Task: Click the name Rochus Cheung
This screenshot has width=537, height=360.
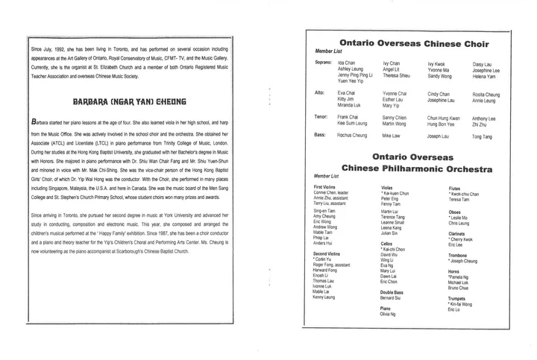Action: point(352,136)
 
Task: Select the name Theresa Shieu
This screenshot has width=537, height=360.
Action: point(396,76)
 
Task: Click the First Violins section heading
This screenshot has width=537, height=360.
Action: point(328,186)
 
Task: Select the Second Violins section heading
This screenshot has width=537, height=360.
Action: point(330,254)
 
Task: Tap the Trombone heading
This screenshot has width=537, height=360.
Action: point(459,255)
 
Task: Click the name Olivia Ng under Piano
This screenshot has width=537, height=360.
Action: point(390,315)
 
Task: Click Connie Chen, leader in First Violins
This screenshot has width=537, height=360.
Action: point(333,192)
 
